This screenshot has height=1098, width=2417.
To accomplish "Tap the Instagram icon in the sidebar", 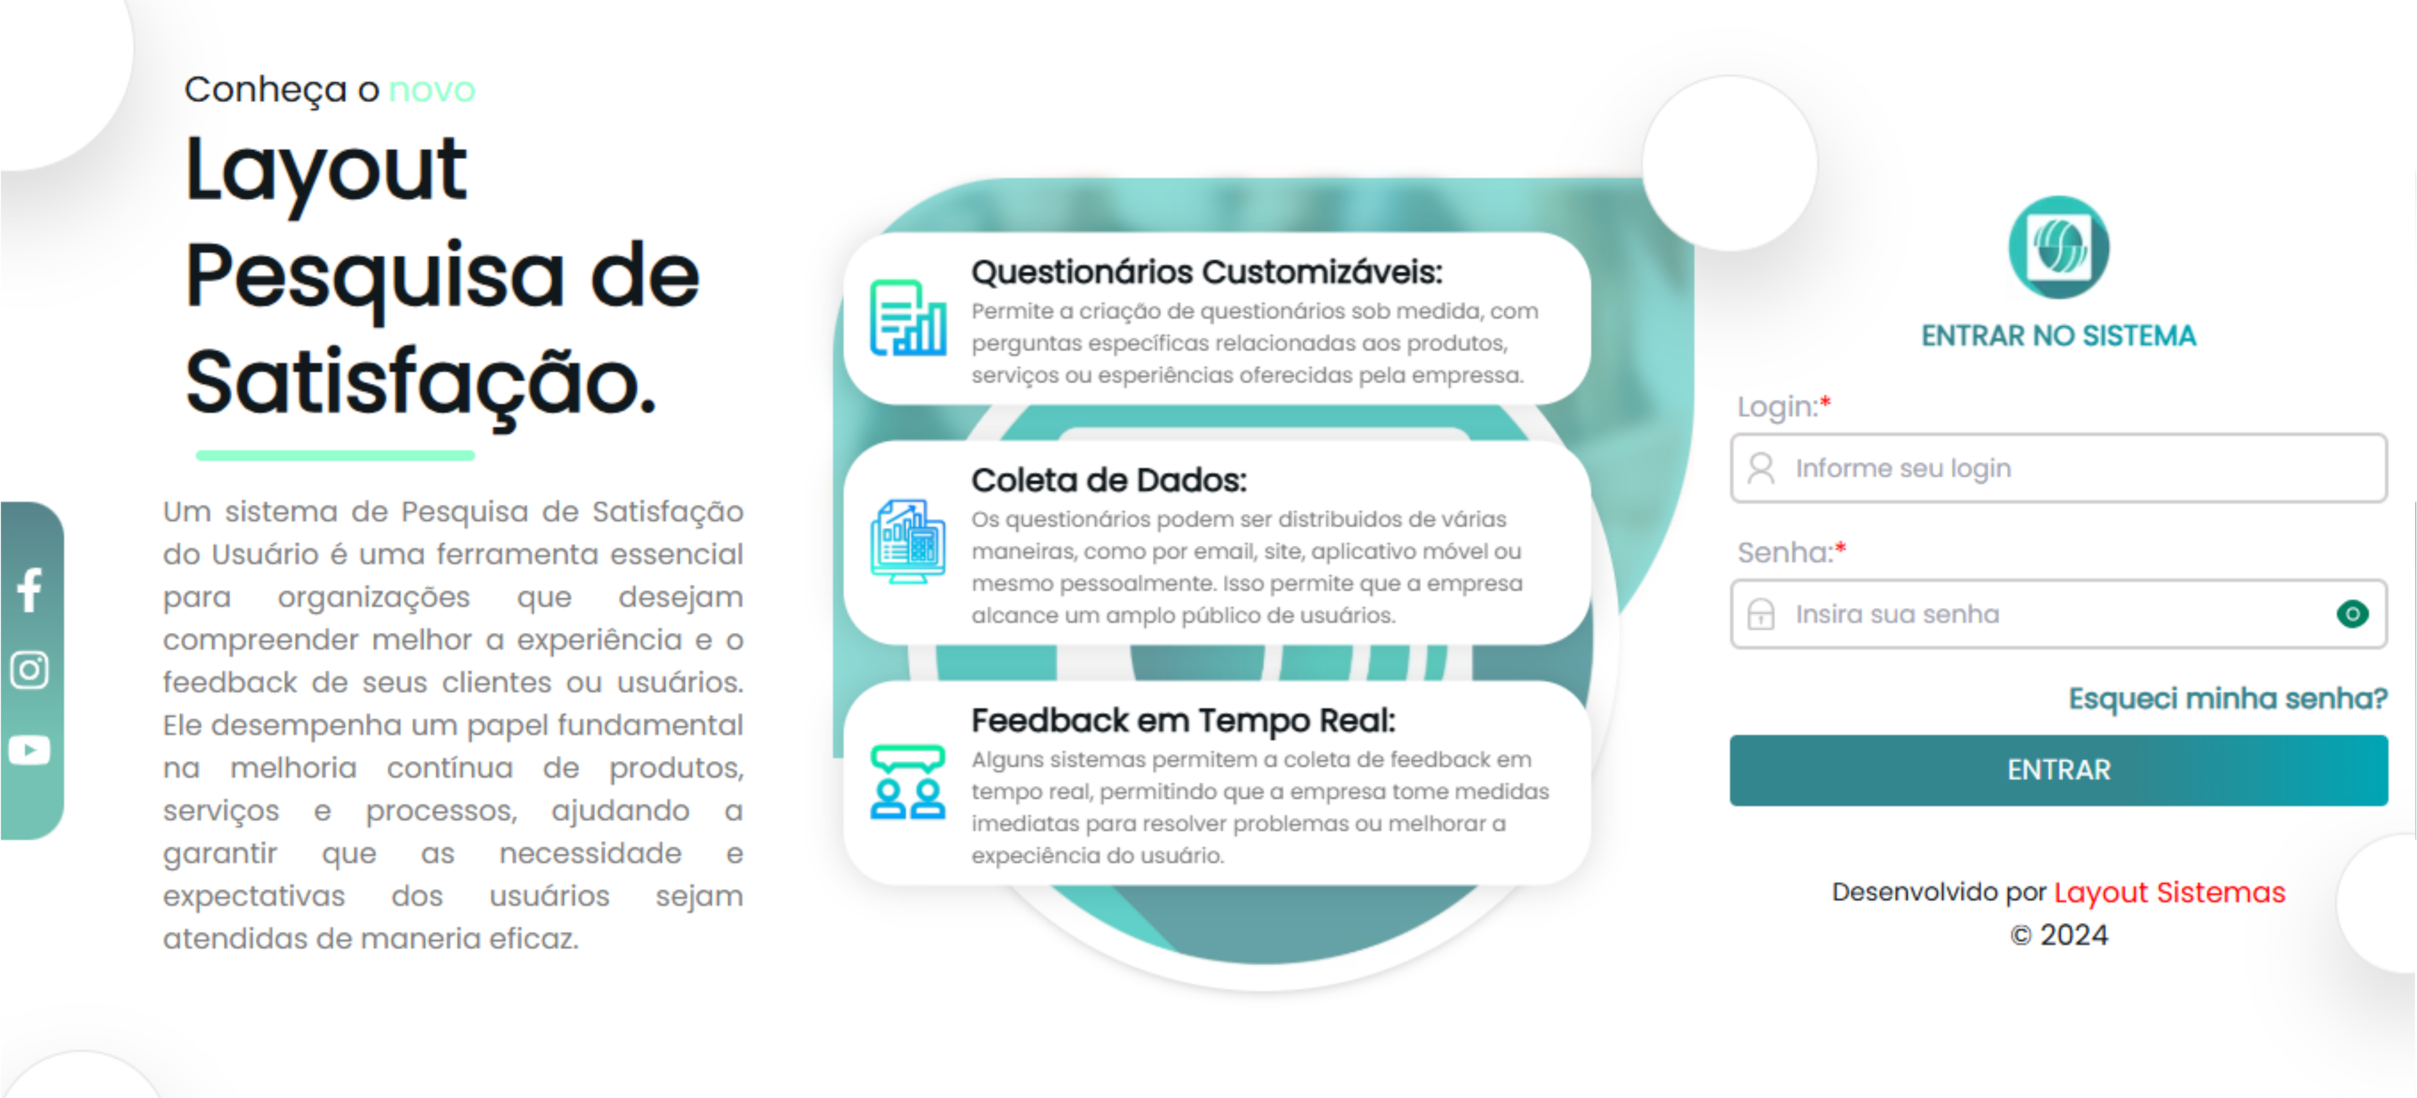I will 30,670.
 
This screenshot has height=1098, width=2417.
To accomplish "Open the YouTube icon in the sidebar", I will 30,750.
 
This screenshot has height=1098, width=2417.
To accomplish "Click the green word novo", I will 432,90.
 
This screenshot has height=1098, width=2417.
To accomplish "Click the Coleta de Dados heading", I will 1109,481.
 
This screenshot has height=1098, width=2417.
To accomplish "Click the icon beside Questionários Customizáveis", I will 907,318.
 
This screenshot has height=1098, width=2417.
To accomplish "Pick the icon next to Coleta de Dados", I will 907,542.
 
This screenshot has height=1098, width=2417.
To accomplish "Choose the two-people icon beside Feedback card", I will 907,782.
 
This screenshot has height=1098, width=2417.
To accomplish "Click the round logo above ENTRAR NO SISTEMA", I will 2059,248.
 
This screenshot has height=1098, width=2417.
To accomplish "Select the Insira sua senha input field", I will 2046,614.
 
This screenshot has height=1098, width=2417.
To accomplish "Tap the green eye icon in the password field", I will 2352,614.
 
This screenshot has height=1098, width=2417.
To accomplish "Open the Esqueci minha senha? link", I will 2227,698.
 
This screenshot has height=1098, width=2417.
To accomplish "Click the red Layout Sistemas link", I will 2169,892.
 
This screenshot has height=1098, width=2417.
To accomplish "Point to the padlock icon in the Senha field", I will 1761,614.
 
